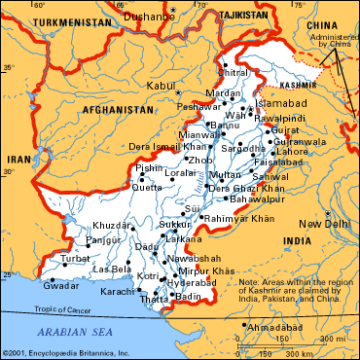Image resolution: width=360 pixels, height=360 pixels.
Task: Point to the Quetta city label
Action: pos(148,187)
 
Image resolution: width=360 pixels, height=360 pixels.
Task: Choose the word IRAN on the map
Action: pos(18,158)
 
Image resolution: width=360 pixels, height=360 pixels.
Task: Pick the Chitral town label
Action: pos(234,72)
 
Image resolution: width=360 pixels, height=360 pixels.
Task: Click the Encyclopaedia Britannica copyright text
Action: pos(70,352)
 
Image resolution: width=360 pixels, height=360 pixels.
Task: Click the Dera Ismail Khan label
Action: pos(145,146)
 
